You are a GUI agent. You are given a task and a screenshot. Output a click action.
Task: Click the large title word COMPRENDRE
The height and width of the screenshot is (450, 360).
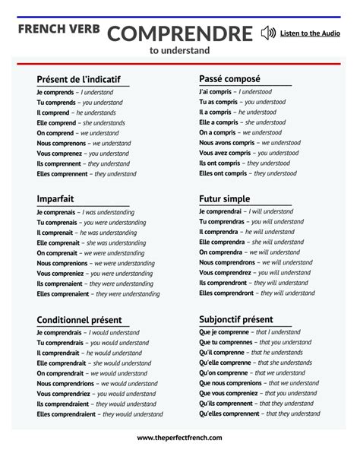pos(179,33)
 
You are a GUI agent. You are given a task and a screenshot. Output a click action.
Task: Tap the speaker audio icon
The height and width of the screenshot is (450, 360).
pos(267,33)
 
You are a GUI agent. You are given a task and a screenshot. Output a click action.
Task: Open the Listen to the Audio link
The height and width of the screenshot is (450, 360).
pos(310,33)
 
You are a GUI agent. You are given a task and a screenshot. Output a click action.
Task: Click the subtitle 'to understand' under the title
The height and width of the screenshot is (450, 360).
pos(180,51)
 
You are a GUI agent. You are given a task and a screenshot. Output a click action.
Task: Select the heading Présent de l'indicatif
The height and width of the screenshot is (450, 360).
pos(78,80)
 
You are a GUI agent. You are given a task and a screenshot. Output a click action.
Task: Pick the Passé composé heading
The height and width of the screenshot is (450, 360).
pos(229,79)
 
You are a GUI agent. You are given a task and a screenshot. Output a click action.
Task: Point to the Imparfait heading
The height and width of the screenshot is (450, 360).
pos(55,199)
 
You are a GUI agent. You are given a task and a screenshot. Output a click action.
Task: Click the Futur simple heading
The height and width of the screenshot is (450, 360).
pos(224,199)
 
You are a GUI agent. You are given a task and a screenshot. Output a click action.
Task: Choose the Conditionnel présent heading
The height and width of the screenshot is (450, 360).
pos(79,320)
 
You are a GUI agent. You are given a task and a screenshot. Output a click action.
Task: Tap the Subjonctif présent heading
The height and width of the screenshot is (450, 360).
pos(235,319)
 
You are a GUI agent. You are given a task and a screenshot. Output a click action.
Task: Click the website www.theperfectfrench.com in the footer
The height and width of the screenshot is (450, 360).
pos(180,438)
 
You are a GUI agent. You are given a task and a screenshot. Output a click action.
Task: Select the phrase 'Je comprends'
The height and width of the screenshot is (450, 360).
pos(55,93)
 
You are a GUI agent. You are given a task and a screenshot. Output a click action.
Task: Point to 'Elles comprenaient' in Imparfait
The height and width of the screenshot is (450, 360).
pos(62,293)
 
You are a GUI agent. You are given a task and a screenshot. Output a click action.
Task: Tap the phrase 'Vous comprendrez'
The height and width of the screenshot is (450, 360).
pos(226,272)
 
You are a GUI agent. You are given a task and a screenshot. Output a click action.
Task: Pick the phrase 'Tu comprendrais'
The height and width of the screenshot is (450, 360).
pos(60,343)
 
